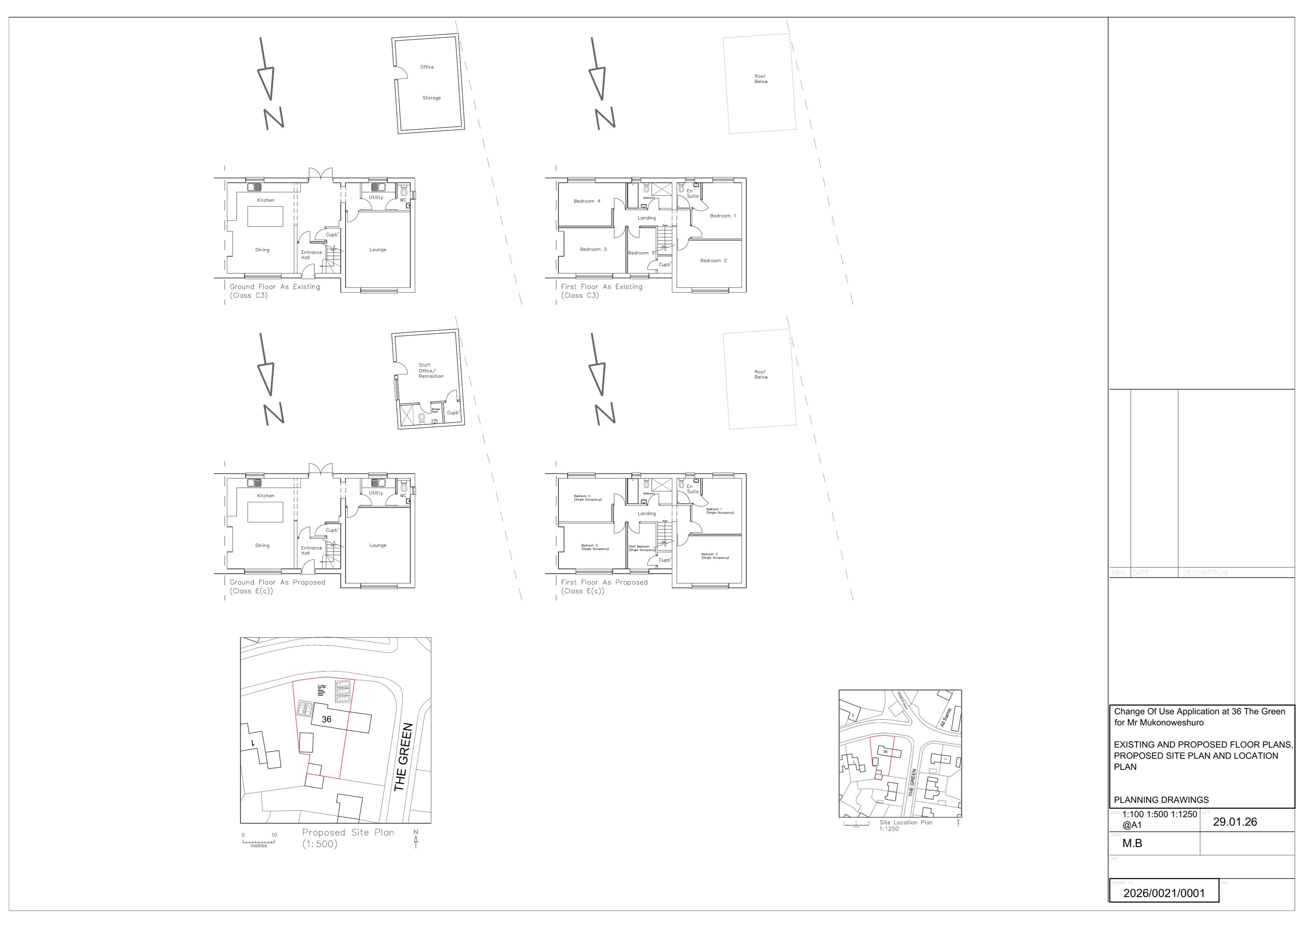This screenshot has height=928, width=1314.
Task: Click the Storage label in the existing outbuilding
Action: click(431, 98)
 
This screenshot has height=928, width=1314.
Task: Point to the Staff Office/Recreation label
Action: click(431, 371)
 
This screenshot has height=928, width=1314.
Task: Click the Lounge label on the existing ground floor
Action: click(378, 250)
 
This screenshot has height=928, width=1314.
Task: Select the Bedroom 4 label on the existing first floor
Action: click(586, 201)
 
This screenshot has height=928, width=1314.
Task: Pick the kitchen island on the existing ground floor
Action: click(265, 216)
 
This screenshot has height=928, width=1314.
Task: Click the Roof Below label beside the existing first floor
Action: click(760, 79)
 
